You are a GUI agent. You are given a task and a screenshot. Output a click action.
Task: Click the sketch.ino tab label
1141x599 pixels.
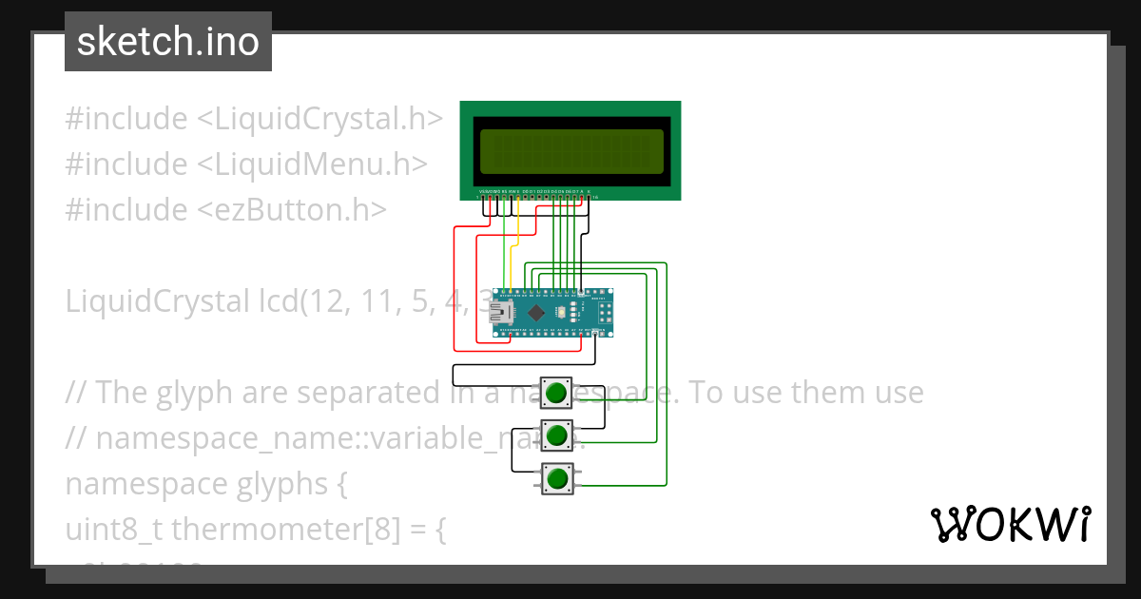point(168,42)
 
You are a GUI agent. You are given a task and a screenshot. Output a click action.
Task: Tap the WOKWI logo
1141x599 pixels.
point(1009,524)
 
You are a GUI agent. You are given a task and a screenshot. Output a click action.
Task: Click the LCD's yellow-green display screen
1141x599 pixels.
point(570,150)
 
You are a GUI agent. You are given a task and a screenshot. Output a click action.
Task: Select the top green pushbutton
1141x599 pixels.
point(556,392)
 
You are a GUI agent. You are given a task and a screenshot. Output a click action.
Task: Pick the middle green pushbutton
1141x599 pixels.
point(556,435)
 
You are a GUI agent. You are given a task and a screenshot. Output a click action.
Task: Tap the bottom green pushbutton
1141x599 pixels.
point(556,478)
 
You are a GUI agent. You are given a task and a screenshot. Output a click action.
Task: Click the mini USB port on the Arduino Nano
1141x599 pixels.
point(499,313)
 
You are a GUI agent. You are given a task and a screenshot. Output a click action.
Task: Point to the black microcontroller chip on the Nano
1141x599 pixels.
point(537,312)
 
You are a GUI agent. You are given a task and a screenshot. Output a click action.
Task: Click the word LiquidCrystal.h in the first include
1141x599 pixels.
point(328,119)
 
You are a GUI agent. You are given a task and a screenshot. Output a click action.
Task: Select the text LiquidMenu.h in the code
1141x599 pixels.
point(319,164)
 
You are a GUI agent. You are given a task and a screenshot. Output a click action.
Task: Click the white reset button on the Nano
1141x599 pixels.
point(561,312)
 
